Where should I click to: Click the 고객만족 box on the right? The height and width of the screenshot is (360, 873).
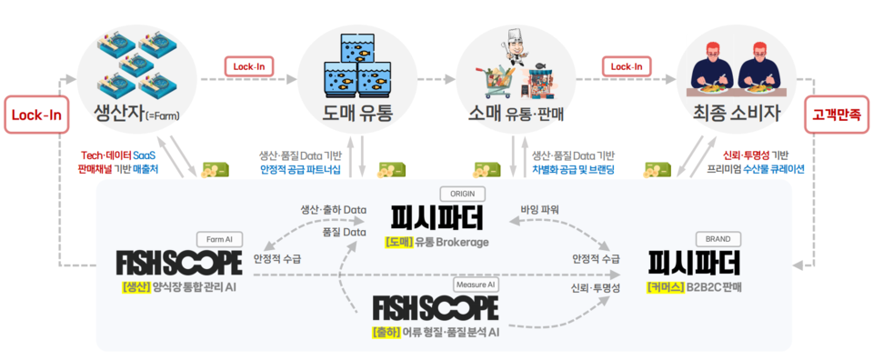(836, 116)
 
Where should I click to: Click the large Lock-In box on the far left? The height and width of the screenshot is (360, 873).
(35, 116)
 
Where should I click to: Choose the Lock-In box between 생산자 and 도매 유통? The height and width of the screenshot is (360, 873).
(249, 66)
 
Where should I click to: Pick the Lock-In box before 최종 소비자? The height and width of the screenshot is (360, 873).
(627, 66)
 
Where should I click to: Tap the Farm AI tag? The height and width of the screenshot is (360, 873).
(219, 239)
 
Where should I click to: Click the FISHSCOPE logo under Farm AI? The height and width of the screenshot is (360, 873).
(179, 263)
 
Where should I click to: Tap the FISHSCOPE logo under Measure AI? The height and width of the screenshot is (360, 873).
(435, 307)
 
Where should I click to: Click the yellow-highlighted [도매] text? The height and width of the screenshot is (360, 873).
(399, 243)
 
